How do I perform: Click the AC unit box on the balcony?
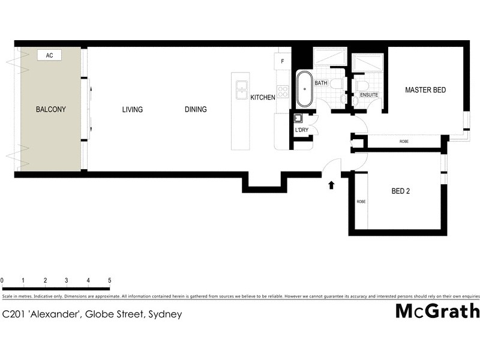50,55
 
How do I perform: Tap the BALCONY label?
50,109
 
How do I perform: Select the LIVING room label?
132,109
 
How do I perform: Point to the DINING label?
196,109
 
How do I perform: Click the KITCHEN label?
263,97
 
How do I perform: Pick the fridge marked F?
282,61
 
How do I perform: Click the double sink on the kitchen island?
241,90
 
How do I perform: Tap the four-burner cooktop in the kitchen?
283,92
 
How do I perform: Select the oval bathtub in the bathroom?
304,89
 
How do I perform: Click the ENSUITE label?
368,95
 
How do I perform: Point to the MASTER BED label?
425,90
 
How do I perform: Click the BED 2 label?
400,192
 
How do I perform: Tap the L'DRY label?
301,130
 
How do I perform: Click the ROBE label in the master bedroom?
404,142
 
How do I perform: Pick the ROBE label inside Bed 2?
361,202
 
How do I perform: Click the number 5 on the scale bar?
109,280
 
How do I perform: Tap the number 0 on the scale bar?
2,280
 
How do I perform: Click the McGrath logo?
437,311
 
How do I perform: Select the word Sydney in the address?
165,314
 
